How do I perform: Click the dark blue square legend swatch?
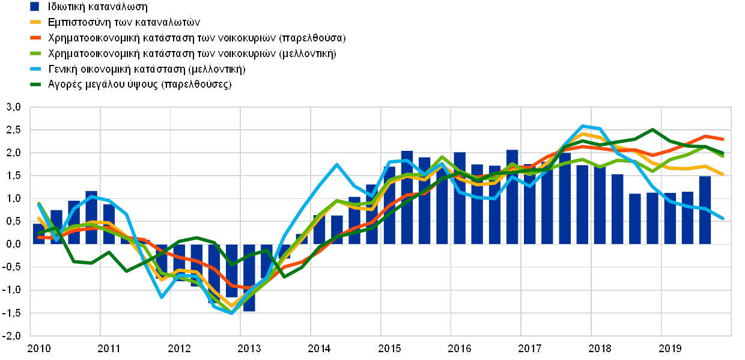(x=35, y=7)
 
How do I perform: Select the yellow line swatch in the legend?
(x=35, y=22)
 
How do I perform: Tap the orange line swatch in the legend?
(x=35, y=38)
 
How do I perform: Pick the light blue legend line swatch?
(x=35, y=69)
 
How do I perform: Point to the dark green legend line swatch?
(x=35, y=85)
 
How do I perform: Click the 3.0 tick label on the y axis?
(x=13, y=108)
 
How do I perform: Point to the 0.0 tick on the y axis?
(x=13, y=244)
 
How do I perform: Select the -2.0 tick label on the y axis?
(x=13, y=335)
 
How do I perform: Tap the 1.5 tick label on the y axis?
(x=13, y=175)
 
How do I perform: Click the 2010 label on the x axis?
(x=37, y=348)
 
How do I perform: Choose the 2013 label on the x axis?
(x=248, y=348)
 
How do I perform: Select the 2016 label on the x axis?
(x=460, y=348)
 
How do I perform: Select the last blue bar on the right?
(x=705, y=210)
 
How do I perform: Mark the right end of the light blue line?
(x=722, y=218)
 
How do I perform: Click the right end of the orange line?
(x=722, y=139)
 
